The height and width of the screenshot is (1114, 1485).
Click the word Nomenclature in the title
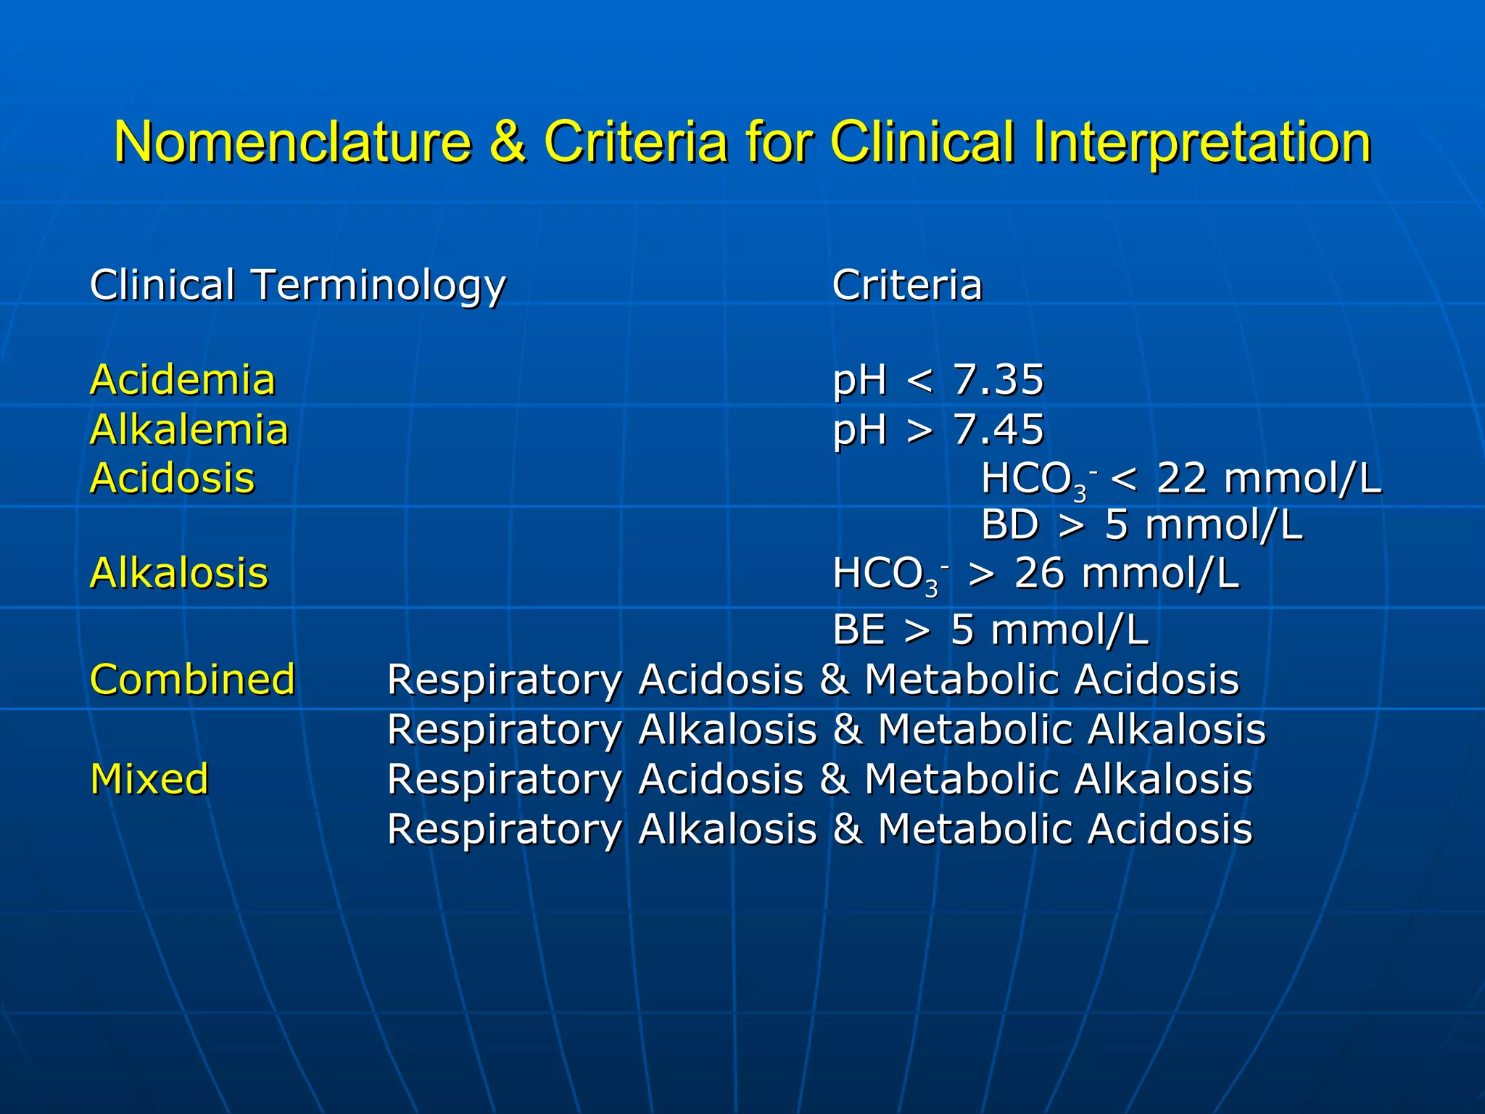click(292, 141)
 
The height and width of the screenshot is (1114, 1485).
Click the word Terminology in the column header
click(378, 286)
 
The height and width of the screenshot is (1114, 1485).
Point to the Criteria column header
click(906, 285)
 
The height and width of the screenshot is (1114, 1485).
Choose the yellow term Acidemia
click(182, 380)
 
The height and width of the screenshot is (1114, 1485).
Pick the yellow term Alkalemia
click(189, 429)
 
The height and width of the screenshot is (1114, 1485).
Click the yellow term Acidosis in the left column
click(172, 479)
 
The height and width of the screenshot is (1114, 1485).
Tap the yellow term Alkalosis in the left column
click(178, 573)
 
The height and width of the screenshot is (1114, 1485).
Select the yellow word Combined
click(192, 680)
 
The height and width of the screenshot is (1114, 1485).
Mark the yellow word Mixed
click(149, 779)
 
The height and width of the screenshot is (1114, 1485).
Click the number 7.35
click(998, 380)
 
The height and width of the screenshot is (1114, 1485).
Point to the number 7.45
click(998, 429)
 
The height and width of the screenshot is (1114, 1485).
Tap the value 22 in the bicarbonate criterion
click(1181, 479)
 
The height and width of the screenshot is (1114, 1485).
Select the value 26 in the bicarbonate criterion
click(1038, 573)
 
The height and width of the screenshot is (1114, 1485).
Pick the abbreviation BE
click(859, 630)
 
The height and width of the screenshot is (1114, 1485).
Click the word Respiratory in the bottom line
click(504, 830)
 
